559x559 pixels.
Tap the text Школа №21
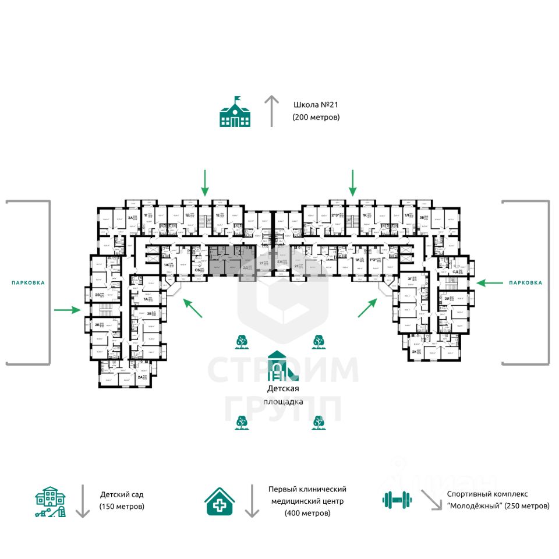coord(316,105)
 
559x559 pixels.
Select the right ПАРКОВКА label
coord(525,282)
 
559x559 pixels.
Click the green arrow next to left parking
coord(67,310)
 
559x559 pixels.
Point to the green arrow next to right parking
coord(490,282)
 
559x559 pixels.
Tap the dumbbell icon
coord(397,499)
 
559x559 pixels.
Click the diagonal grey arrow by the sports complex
coord(431,500)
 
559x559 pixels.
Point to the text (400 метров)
coord(307,513)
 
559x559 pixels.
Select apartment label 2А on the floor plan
coord(140,377)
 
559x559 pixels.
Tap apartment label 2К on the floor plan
coord(414,352)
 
